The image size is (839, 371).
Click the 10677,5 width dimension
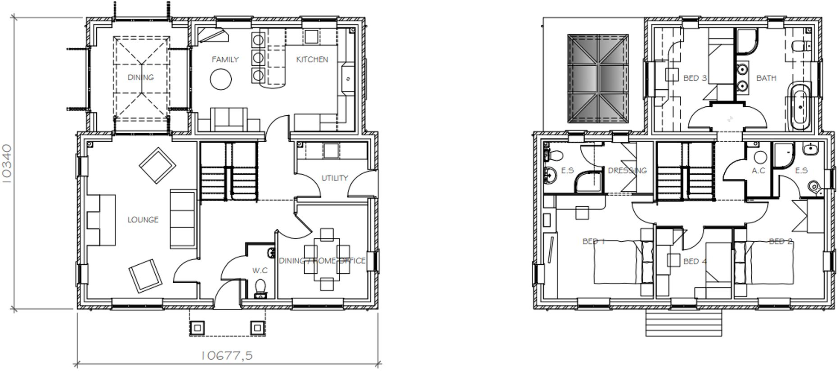(x=227, y=356)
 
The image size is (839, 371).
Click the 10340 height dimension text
(x=8, y=163)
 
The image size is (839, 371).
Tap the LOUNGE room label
(x=143, y=220)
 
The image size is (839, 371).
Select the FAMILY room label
(x=225, y=59)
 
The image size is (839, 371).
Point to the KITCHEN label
(x=312, y=59)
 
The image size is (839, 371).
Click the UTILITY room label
(x=335, y=178)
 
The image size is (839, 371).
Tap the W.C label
(x=260, y=270)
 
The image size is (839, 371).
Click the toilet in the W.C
(x=260, y=289)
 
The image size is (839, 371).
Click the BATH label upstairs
(x=766, y=78)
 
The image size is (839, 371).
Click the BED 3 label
(x=695, y=78)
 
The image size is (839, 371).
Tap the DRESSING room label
(x=627, y=171)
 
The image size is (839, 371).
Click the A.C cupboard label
(x=758, y=171)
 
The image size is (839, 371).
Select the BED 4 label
(x=695, y=261)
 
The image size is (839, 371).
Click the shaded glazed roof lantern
(x=598, y=78)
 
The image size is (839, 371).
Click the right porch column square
(x=257, y=327)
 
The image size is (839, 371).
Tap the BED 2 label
(x=781, y=241)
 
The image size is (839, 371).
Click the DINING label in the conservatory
(x=141, y=77)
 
